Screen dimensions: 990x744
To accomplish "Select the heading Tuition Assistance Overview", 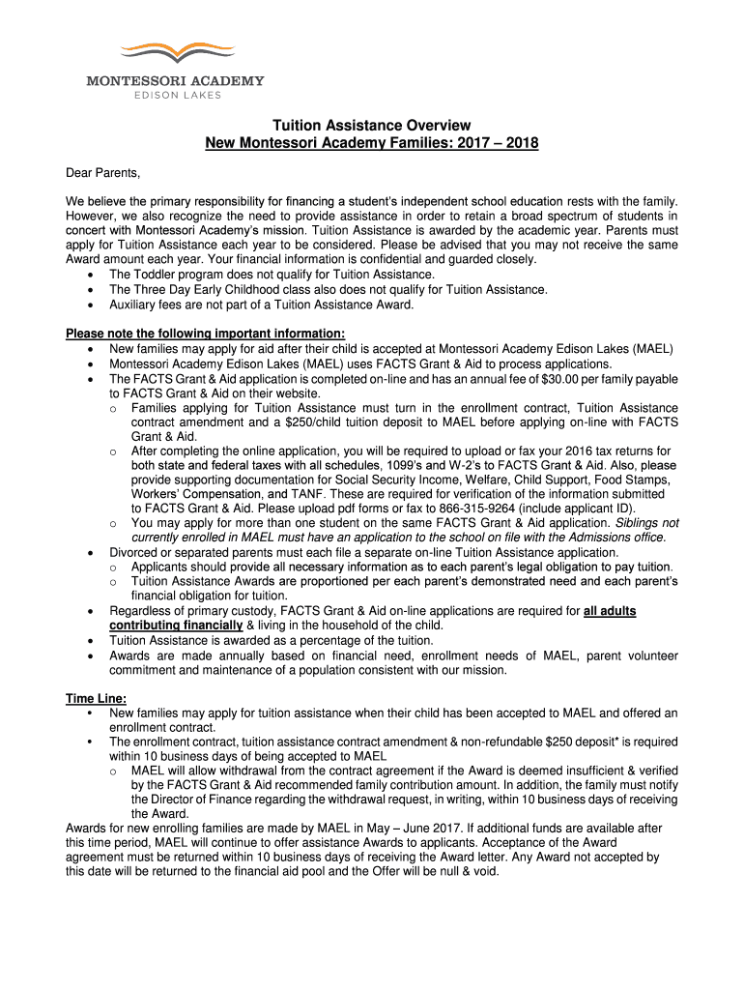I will click(x=372, y=126).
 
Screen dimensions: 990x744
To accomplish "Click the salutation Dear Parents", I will click(x=102, y=173).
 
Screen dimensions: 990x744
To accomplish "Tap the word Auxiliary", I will click(x=133, y=304).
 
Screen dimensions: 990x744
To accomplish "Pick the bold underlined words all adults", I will click(x=610, y=611).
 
